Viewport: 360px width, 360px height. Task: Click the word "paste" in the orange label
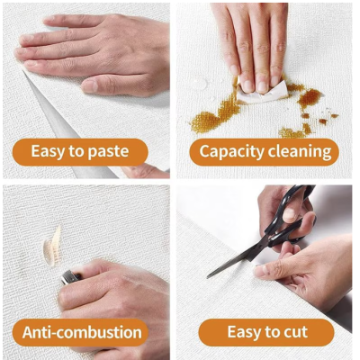point(109,152)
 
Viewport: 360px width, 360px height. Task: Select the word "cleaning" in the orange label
point(300,152)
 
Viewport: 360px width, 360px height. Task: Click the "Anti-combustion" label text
point(82,332)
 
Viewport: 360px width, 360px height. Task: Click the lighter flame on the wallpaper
point(53,247)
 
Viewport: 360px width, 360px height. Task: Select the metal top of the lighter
point(70,276)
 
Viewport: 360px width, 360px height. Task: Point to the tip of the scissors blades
point(208,276)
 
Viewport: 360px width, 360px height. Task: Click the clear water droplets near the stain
point(201,83)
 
